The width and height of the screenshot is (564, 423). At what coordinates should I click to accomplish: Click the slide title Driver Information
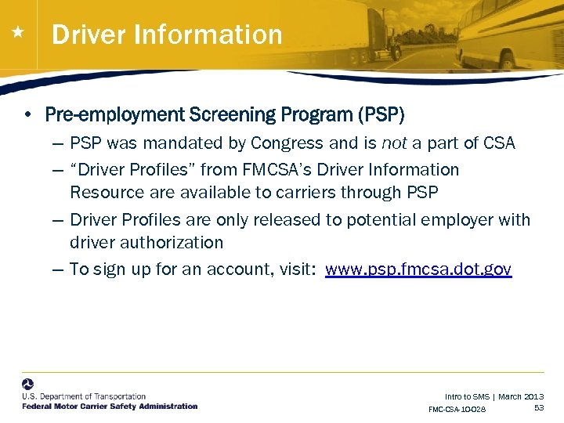pos(167,34)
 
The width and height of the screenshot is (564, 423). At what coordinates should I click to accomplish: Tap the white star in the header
pos(18,33)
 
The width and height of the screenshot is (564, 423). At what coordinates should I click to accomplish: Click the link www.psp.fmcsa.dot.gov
pos(418,269)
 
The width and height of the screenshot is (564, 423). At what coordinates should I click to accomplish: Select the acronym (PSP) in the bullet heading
pos(381,115)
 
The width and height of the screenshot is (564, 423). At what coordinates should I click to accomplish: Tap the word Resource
pos(103,192)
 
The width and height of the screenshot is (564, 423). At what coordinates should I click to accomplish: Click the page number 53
pos(539,408)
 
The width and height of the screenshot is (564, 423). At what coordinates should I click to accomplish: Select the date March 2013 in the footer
pos(521,397)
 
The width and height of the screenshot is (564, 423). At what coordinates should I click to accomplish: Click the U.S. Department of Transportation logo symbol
pos(28,385)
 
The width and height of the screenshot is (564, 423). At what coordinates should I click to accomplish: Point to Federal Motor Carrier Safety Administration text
pos(110,406)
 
